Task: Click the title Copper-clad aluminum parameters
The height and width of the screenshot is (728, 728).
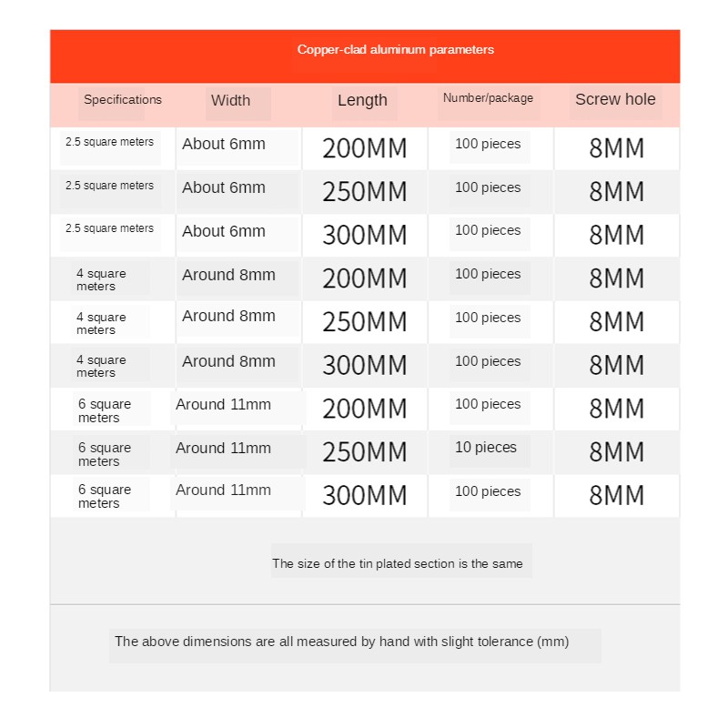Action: coord(395,50)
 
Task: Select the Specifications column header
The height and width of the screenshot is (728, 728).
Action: coord(123,100)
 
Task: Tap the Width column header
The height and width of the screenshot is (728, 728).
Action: coord(230,101)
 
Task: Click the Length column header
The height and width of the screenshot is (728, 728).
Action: coord(362,101)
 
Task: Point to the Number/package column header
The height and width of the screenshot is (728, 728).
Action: coord(488,98)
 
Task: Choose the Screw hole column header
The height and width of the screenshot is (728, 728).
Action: coord(615,100)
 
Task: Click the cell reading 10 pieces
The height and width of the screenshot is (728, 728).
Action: coord(486,448)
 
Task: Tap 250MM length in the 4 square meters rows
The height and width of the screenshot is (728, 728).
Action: coord(364,322)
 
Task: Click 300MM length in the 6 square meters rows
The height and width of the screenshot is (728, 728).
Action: coord(364,496)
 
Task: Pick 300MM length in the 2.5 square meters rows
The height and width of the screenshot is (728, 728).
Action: coord(364,236)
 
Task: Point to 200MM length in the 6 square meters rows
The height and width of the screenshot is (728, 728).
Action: coord(364,409)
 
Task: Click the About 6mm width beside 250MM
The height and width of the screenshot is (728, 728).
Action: coord(224,188)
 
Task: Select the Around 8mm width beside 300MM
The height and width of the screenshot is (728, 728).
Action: coord(228,361)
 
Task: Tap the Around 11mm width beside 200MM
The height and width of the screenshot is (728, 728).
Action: coord(223,405)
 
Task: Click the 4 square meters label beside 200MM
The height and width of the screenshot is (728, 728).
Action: coord(101,280)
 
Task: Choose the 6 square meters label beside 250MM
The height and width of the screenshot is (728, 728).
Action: coord(104,454)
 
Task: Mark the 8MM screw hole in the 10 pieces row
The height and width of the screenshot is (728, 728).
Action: coord(616,452)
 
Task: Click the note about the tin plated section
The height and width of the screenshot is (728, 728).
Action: coord(398,564)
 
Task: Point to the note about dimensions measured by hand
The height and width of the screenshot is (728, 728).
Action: coord(341,642)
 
